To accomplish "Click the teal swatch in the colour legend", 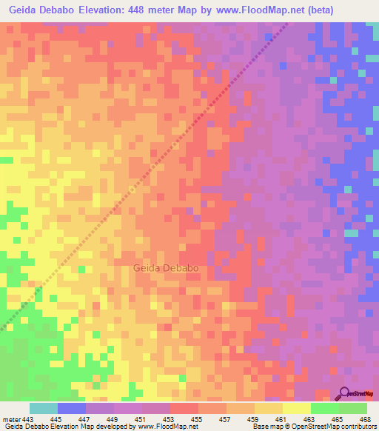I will click(x=44, y=409).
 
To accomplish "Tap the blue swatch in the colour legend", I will click(x=72, y=409).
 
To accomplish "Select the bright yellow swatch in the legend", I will click(x=297, y=409).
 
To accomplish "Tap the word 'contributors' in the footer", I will click(x=356, y=427).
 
